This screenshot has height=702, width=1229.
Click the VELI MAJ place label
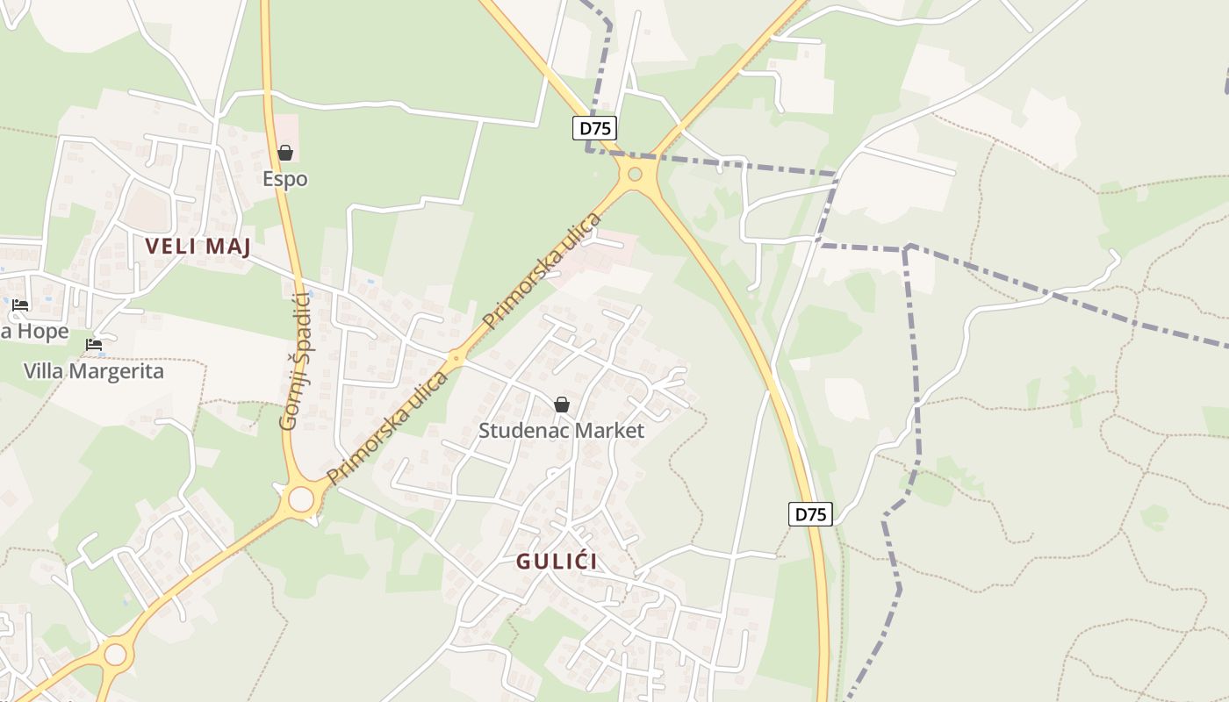(x=198, y=247)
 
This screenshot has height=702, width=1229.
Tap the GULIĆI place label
(x=557, y=562)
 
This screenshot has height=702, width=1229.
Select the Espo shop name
(x=285, y=179)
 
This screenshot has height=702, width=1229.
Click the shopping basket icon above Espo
(x=285, y=153)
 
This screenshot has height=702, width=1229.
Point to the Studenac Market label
(x=561, y=431)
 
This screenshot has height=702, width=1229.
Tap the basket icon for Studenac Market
(x=562, y=405)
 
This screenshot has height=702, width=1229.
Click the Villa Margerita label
(x=93, y=371)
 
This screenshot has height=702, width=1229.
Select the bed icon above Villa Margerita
(x=94, y=345)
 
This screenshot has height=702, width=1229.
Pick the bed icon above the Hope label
(x=20, y=305)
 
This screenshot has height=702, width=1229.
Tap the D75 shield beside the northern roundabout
(x=595, y=128)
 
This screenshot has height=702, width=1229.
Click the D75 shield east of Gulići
(x=809, y=514)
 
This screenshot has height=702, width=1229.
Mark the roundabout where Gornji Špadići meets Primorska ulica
(x=301, y=499)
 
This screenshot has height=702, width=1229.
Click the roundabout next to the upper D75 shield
(x=635, y=174)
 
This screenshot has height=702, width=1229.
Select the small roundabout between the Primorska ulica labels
(x=455, y=357)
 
